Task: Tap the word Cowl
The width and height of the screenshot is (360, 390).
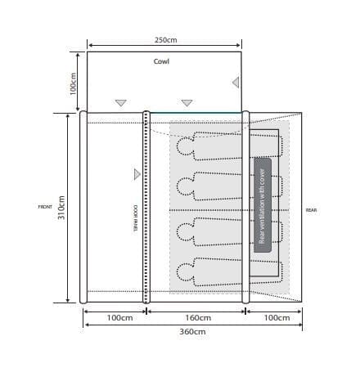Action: point(161,62)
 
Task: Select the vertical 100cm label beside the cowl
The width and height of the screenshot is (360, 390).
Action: point(73,83)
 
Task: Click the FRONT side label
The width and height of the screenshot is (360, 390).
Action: point(45,207)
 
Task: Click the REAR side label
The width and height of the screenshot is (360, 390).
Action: point(311,210)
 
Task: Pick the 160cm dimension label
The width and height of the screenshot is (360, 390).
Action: point(196,317)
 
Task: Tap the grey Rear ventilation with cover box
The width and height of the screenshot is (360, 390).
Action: point(262,201)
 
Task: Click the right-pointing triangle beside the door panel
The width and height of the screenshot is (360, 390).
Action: point(137,173)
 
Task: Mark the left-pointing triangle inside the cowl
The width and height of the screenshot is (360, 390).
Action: point(236,82)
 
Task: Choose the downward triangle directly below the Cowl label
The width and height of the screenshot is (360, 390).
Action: point(187,103)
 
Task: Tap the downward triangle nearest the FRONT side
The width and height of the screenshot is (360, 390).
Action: point(121,103)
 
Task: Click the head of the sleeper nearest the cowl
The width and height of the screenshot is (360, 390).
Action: point(184,148)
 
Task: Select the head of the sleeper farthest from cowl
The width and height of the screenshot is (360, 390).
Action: point(184,271)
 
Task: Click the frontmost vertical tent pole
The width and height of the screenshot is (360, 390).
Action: point(82,207)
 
